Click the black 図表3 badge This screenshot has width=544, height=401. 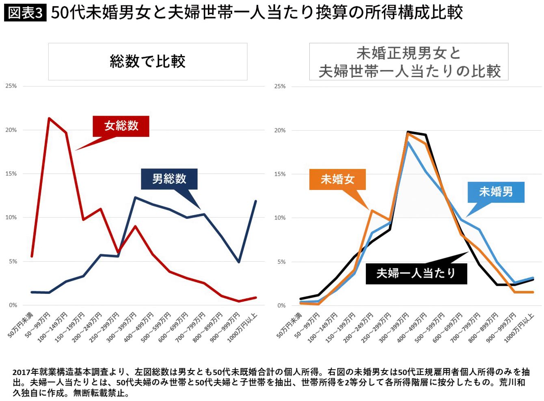tap(25, 13)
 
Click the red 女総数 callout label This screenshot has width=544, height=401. tap(121, 126)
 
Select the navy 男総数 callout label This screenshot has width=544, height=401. tap(169, 179)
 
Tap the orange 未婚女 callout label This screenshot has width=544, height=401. tap(337, 179)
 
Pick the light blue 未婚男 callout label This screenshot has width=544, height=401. tap(496, 192)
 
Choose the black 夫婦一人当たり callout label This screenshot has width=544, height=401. tap(416, 274)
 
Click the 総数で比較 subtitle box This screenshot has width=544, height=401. tap(148, 61)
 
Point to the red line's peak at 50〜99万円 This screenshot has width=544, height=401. tap(49, 118)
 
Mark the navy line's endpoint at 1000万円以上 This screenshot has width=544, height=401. tap(256, 201)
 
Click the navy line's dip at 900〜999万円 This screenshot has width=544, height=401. tap(239, 262)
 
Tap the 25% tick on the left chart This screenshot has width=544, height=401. tap(11, 86)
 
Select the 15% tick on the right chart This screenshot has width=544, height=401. tap(280, 174)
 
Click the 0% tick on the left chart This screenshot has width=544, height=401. tap(13, 305)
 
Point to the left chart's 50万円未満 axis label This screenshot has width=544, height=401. tap(20, 325)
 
